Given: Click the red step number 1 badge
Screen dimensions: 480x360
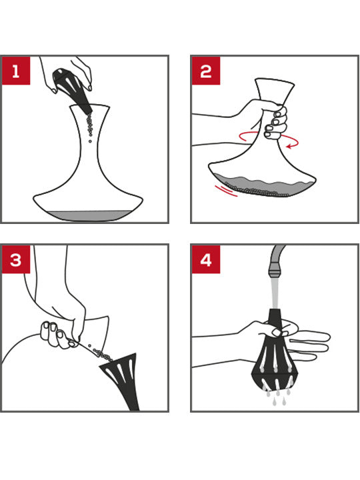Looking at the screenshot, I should tap(15, 69).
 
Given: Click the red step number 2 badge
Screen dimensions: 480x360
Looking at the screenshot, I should tap(205, 69).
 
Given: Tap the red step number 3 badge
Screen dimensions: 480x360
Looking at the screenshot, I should tap(15, 259).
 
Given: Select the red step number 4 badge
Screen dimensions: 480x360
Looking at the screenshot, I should tap(205, 259).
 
